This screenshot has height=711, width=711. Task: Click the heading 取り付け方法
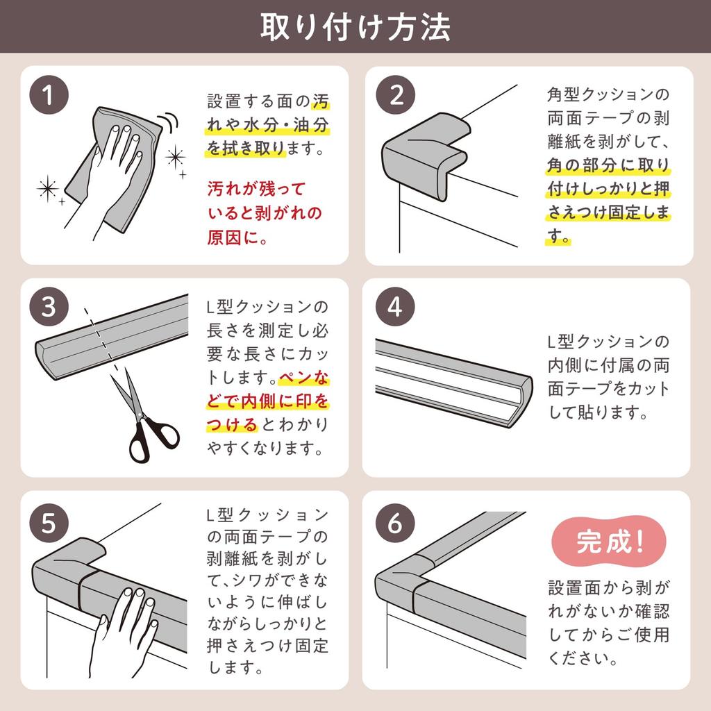[x=355, y=27]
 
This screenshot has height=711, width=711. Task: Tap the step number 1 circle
[x=49, y=95]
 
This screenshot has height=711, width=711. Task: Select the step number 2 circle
[x=396, y=95]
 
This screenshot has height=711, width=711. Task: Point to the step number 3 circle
[x=49, y=307]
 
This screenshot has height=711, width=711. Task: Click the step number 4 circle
[x=395, y=307]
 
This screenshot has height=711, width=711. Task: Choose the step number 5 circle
[x=49, y=524]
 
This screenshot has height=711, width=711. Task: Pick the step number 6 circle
[x=395, y=524]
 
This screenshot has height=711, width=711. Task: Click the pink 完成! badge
[x=608, y=542]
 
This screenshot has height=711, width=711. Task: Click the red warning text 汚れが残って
[x=257, y=189]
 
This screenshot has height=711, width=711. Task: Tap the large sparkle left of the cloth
[x=48, y=189]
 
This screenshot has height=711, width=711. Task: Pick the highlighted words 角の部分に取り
[x=608, y=165]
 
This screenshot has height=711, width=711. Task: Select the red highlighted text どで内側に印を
[x=267, y=401]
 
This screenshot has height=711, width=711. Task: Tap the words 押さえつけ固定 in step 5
[x=267, y=646]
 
